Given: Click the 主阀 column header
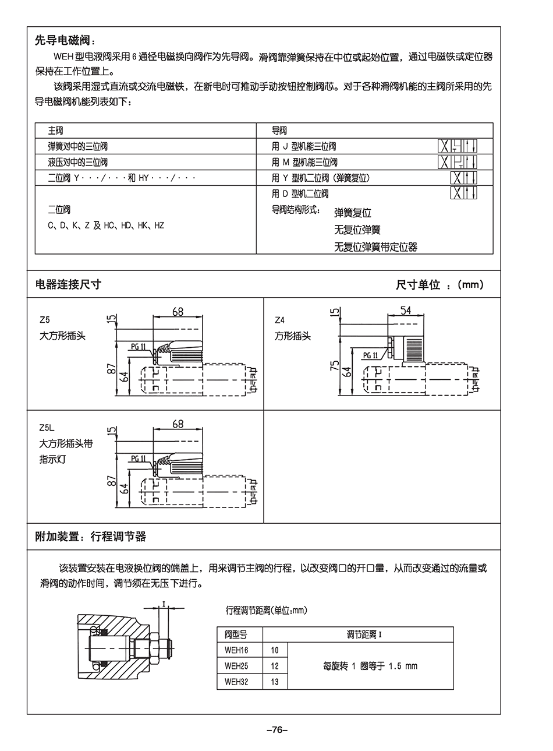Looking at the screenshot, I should pos(55,131).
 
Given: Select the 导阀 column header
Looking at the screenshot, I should pos(279,131).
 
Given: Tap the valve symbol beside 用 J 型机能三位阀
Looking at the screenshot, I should pos(458,146).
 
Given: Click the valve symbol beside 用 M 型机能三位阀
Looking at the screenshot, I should pos(458,162).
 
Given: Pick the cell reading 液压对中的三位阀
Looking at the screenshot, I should pos(77,162).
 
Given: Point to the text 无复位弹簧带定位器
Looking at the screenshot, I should pos(375,247).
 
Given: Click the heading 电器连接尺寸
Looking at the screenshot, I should pos(69,284).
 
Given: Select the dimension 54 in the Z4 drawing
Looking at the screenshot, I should pos(406,311).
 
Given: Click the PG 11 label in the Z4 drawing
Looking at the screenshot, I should pos(370,355).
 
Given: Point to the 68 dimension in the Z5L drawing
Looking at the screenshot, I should pos(178,424).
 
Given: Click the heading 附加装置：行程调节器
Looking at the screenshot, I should pos(91,537).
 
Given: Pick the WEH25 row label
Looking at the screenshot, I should pos(236,666).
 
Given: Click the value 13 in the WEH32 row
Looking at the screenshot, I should pos(275,682).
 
